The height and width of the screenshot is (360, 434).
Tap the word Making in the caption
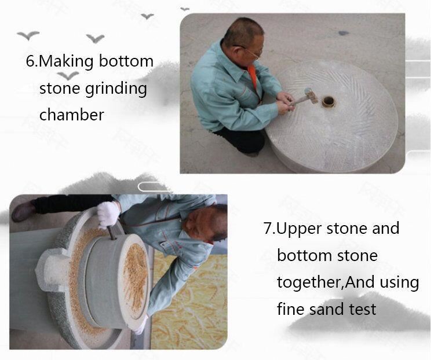(x=66, y=62)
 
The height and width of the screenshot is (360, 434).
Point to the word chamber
(x=72, y=114)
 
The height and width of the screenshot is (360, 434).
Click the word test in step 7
(x=362, y=310)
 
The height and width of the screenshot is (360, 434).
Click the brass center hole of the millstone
(x=329, y=102)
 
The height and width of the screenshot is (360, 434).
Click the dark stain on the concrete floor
(x=344, y=33)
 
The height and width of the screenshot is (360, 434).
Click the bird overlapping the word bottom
(x=68, y=75)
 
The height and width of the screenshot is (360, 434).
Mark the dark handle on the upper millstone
(x=112, y=233)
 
